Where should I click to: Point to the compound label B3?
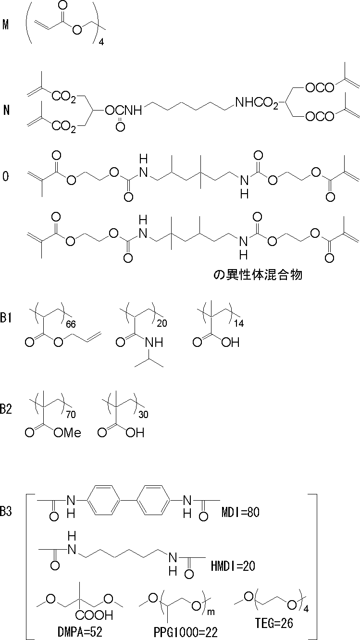(6, 512)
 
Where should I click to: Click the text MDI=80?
(240, 513)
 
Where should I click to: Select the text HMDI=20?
(233, 566)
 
